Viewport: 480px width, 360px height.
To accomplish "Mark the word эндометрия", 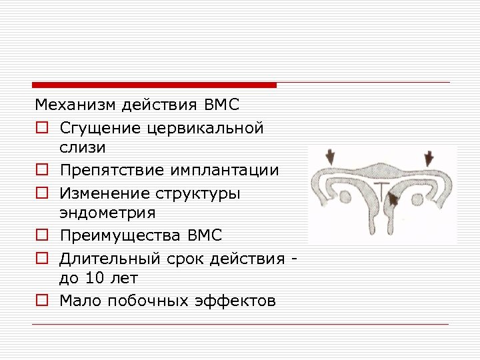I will click(107, 213).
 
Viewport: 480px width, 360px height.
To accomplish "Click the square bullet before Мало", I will click(41, 301).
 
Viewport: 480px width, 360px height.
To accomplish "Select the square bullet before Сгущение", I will click(41, 127).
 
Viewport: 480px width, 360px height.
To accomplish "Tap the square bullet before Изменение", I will click(41, 193).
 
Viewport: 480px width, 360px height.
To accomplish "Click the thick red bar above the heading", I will click(154, 85).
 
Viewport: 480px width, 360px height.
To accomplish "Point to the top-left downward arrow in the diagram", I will click(329, 157).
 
